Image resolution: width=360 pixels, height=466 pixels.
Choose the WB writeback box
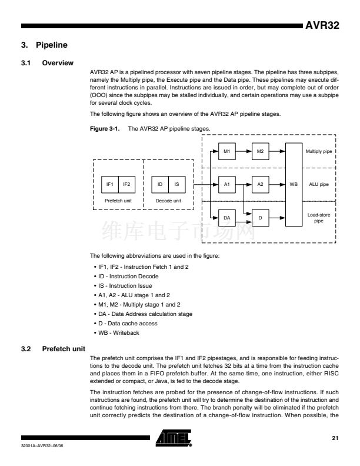[x=294, y=184]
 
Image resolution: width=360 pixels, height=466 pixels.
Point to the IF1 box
[x=109, y=184]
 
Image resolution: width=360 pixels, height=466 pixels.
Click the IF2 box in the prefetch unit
[x=126, y=184]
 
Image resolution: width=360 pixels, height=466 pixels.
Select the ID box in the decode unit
[x=160, y=184]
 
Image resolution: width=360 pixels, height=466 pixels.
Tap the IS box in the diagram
[x=177, y=184]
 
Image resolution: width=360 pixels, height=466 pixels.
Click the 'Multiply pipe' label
[x=319, y=151]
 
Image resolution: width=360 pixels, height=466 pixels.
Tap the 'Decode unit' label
[x=168, y=200]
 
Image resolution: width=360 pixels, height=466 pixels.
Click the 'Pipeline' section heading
[x=54, y=45]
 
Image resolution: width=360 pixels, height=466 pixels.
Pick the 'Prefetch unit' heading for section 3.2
[x=64, y=349]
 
